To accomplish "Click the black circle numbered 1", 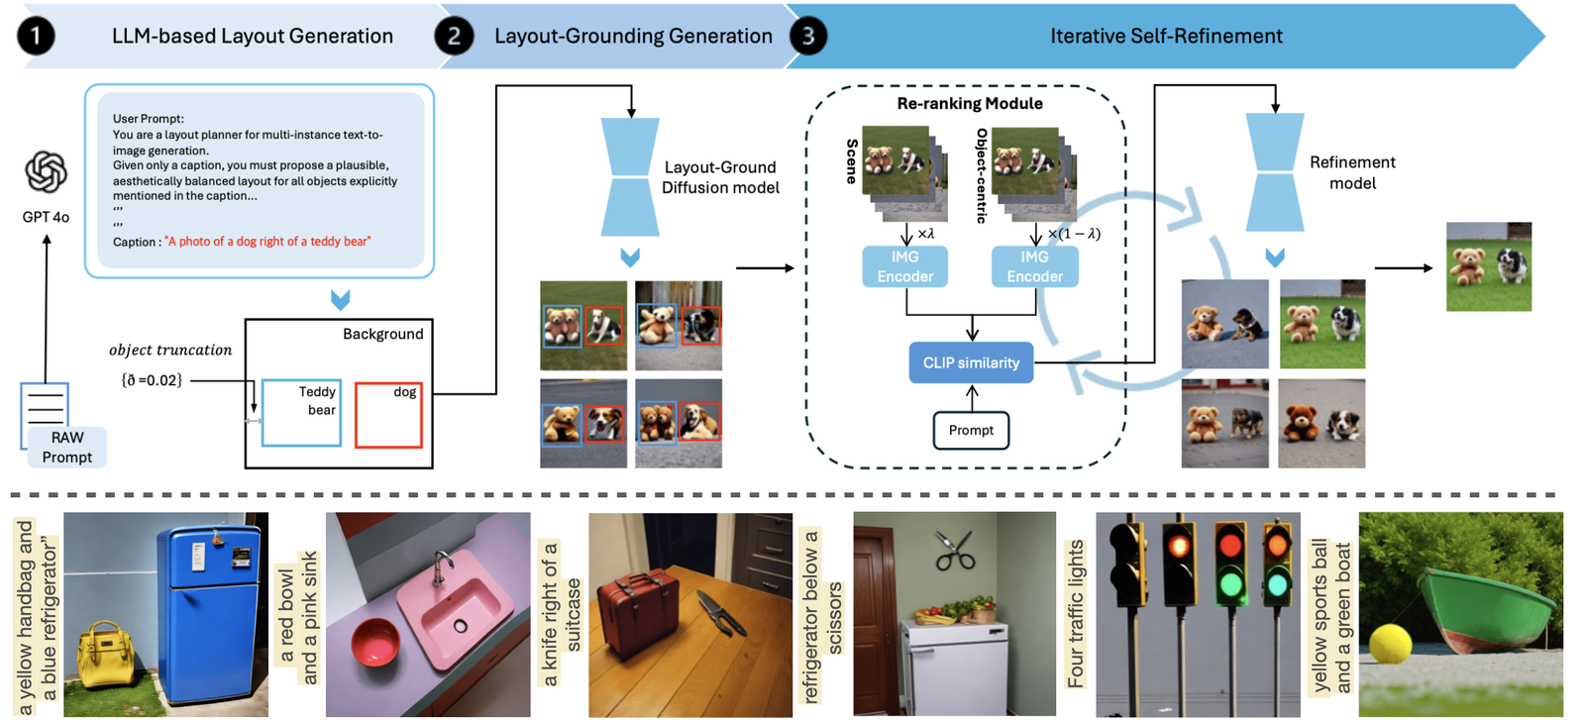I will point(36,37).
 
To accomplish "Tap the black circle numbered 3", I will point(808,37).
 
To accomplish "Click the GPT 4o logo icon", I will point(46,172).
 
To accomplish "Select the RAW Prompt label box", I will point(66,448).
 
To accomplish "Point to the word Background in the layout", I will point(382,335).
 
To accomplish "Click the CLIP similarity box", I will point(971,362).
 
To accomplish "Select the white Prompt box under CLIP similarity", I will point(971,430).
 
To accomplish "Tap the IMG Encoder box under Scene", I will point(905,266).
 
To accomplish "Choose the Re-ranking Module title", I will point(970,103).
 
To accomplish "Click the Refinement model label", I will point(1352,172).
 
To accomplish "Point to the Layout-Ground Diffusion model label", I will point(720,177).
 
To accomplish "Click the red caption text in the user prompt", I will point(267,242).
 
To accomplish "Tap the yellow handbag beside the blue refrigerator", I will point(106,653).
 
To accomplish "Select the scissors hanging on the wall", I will point(955,551).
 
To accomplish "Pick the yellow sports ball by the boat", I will point(1389,644).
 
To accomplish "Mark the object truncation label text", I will point(170,350).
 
